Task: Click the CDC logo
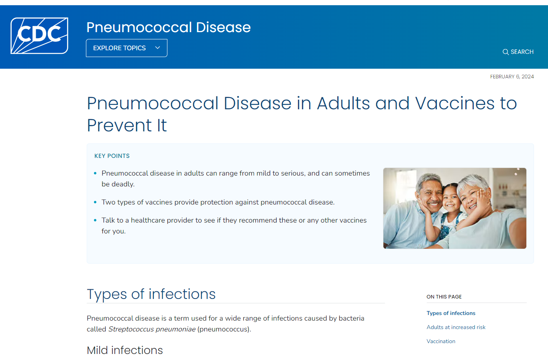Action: [39, 35]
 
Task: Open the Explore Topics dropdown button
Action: [126, 48]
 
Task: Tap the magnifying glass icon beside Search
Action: [505, 52]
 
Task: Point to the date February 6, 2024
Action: [512, 77]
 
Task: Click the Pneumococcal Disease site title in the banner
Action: [168, 27]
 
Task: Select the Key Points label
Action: [112, 156]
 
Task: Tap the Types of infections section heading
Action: [151, 294]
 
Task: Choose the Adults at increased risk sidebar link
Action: [456, 327]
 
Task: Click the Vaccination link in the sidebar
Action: [441, 341]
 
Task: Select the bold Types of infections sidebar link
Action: [451, 313]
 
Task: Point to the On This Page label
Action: [444, 297]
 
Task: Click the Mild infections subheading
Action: [125, 350]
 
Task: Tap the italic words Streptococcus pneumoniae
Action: [152, 329]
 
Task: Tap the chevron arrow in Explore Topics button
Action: [157, 48]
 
